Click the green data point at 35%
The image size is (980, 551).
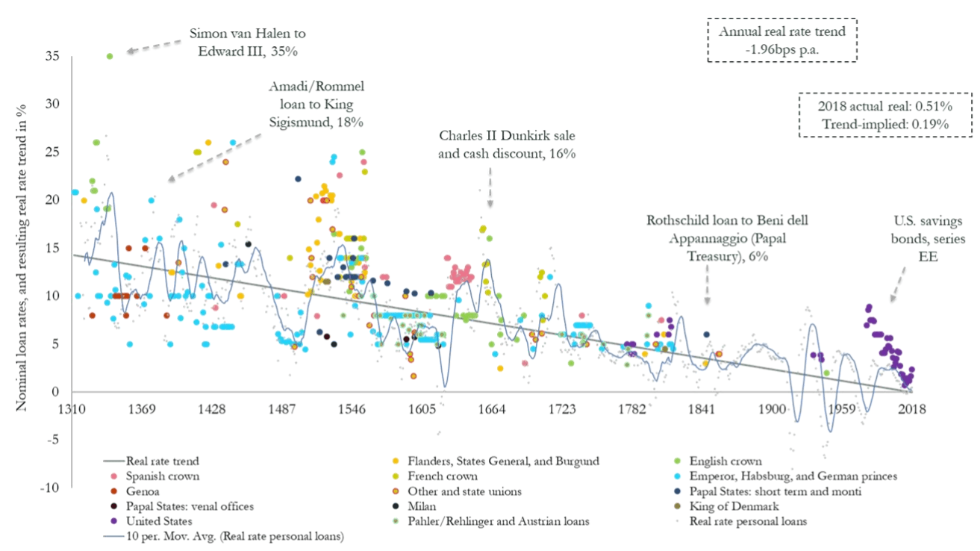pyautogui.click(x=110, y=56)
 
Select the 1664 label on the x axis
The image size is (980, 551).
pyautogui.click(x=492, y=410)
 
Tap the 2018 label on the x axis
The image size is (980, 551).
pyautogui.click(x=911, y=410)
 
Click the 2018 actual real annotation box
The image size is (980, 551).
pyautogui.click(x=886, y=115)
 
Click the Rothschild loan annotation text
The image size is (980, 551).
pyautogui.click(x=727, y=238)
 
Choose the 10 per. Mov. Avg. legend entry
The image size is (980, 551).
pyautogui.click(x=231, y=536)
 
